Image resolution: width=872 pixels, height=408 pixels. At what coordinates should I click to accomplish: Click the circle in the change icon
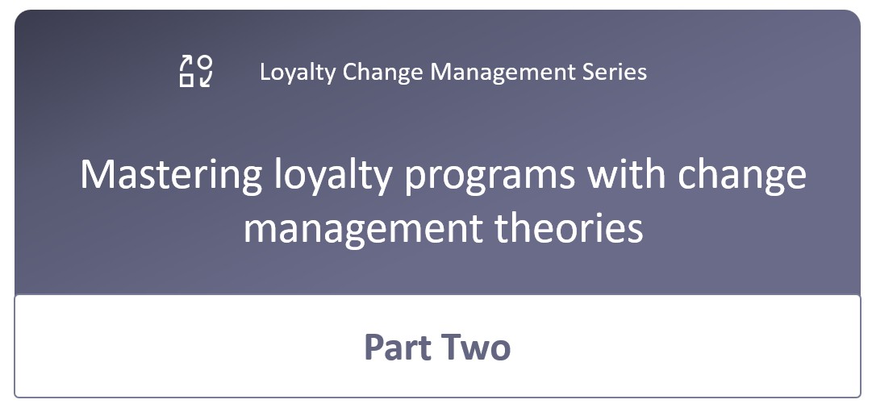[x=205, y=62]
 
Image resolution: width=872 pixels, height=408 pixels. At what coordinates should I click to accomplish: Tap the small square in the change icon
[x=186, y=80]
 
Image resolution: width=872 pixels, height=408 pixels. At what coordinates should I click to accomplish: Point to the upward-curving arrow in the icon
[x=185, y=62]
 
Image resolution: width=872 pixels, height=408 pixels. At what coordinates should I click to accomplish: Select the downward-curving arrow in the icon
[x=205, y=80]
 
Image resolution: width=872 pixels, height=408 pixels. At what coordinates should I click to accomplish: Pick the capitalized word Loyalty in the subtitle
[x=297, y=73]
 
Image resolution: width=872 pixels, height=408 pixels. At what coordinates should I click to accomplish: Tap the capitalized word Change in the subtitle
[x=382, y=72]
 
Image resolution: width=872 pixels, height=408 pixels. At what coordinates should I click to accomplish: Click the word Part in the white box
[x=398, y=348]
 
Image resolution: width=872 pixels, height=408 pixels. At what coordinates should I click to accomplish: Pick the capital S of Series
[x=589, y=72]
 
